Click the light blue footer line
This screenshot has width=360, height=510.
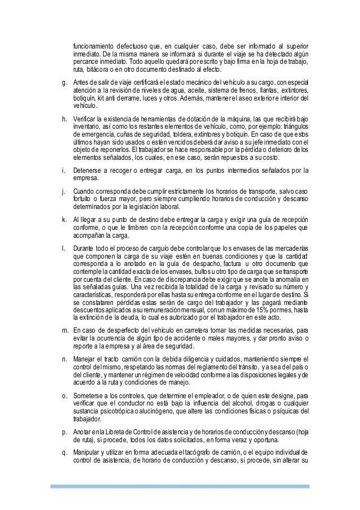[x=180, y=485]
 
